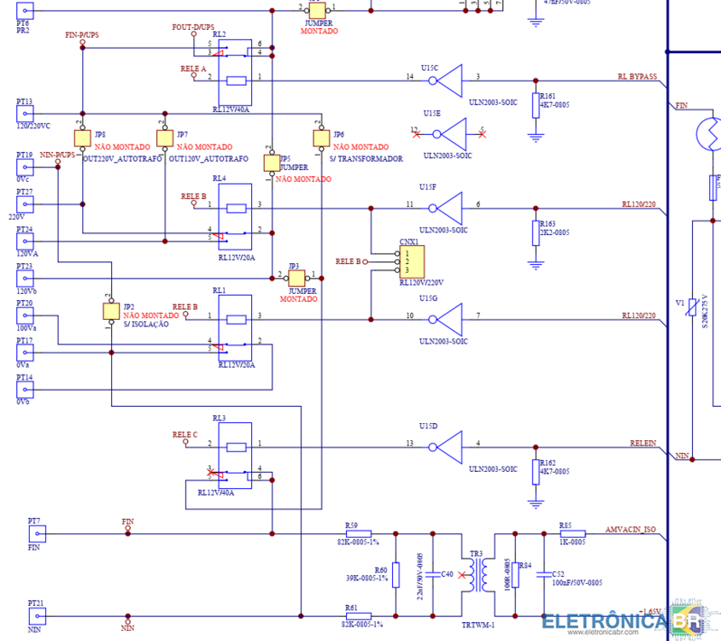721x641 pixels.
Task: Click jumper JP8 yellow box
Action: point(83,138)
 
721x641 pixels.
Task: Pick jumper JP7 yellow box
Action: point(164,138)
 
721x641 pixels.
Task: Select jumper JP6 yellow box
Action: point(321,138)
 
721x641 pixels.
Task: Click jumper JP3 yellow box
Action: point(296,278)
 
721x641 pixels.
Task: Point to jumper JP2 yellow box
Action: point(110,311)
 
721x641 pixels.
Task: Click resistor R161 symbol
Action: point(536,105)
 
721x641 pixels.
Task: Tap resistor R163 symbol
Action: point(536,232)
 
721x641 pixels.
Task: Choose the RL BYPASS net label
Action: point(636,77)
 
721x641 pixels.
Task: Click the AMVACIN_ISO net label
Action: point(630,529)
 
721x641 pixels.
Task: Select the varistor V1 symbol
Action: point(693,315)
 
